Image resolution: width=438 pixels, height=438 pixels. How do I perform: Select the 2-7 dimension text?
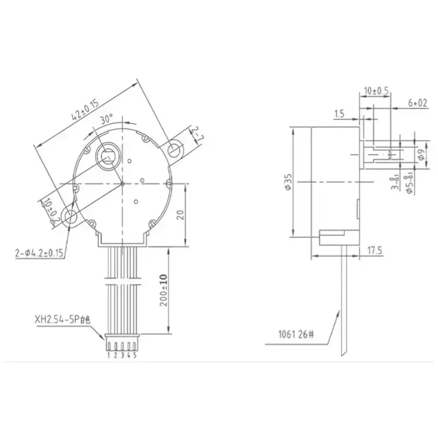click(x=195, y=134)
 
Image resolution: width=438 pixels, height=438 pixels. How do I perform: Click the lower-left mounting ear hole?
click(x=71, y=217)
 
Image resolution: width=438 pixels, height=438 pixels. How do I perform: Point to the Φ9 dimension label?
click(x=420, y=154)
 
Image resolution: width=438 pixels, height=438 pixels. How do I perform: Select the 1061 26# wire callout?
click(x=295, y=333)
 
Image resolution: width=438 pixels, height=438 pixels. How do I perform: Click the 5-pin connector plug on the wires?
click(x=122, y=344)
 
